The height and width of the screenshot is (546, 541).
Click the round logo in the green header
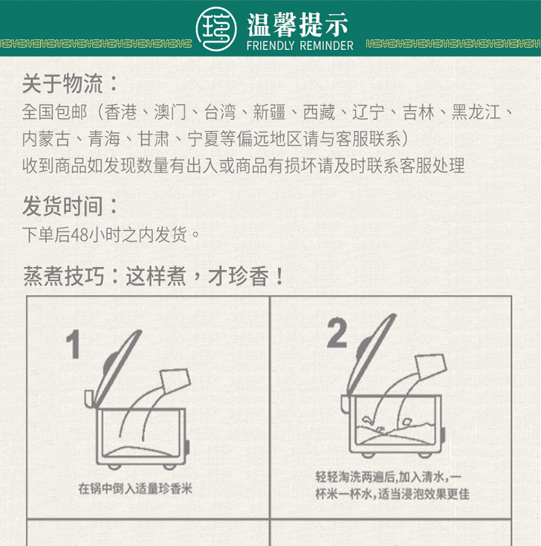tap(216, 29)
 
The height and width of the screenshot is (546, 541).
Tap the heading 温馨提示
tap(298, 25)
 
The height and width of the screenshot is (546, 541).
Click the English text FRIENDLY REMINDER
tap(300, 45)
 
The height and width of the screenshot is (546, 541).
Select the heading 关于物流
tap(62, 84)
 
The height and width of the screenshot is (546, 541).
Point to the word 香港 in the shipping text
tap(120, 112)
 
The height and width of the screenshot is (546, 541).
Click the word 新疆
tap(269, 112)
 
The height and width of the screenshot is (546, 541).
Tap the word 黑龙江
tap(476, 112)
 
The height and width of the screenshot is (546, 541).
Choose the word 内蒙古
tap(46, 139)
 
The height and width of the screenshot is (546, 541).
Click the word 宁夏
tap(204, 139)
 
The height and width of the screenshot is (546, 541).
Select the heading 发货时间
tap(62, 206)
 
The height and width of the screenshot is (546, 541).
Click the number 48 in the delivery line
tap(80, 235)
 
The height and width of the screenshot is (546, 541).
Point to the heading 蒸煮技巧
tap(64, 276)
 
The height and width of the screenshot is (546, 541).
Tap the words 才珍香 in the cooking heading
tap(239, 276)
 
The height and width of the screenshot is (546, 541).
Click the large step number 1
tap(74, 344)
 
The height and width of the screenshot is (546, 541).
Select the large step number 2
tap(337, 333)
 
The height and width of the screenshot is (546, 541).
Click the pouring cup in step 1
tap(175, 381)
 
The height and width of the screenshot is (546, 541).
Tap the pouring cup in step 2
tap(431, 366)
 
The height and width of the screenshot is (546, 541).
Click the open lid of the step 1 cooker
tap(117, 368)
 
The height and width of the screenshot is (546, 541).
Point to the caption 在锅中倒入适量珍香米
tap(135, 489)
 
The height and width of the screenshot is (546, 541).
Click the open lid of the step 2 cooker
tap(372, 355)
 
